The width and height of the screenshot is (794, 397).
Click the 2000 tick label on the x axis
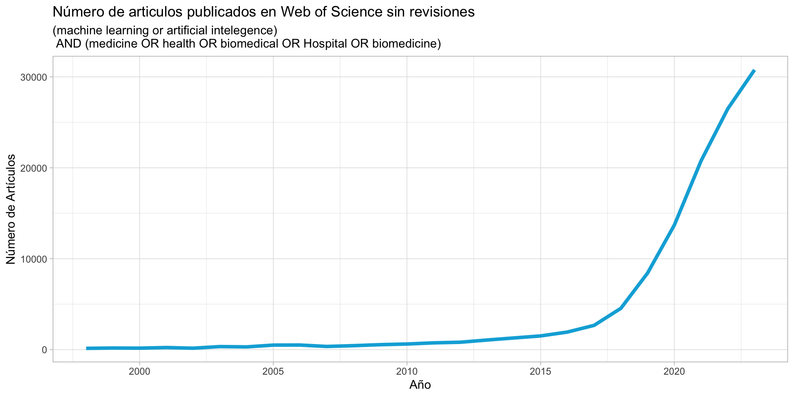coord(139,371)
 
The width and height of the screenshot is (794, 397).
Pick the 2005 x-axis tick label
coord(273,371)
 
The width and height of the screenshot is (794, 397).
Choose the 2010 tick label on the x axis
coord(407,371)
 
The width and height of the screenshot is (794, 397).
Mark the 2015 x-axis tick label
coord(540,371)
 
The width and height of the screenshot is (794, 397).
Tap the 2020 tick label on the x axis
coord(674,371)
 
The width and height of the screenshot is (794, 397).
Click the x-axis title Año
coord(420,385)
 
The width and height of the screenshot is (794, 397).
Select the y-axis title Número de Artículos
coord(11,209)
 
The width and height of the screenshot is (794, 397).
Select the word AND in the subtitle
coord(69,43)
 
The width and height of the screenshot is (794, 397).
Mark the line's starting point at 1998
coord(87,348)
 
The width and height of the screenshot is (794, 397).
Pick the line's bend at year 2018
coord(621,308)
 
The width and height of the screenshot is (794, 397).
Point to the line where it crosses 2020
coord(674,225)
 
